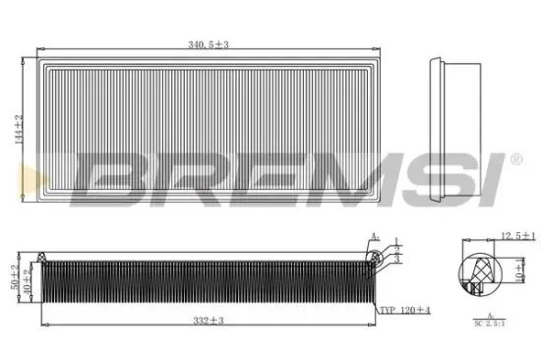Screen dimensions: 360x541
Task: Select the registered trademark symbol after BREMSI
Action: click(515, 157)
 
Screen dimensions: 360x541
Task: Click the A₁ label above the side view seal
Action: click(374, 236)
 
